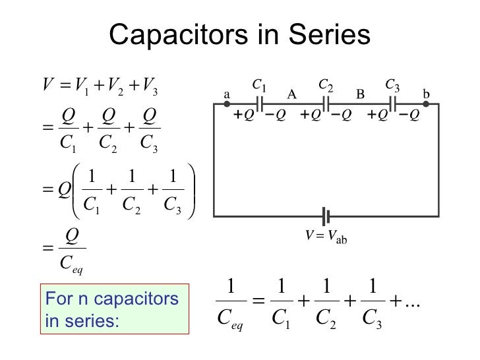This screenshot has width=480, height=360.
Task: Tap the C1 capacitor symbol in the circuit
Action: coord(260,104)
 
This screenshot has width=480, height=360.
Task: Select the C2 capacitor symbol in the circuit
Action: coord(326,104)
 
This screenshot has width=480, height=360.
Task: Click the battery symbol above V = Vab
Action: coord(325,216)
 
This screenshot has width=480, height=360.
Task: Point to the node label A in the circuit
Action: coord(292,94)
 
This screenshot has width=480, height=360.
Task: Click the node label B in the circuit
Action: coord(360,94)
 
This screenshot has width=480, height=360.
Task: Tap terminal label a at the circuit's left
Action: coord(227,94)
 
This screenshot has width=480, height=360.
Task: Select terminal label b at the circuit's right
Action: coord(426,94)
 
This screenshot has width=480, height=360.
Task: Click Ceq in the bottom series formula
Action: coord(231,321)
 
